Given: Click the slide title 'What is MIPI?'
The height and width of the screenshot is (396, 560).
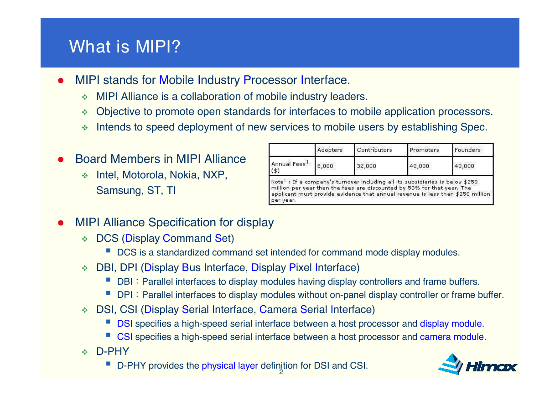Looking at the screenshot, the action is tap(124, 47).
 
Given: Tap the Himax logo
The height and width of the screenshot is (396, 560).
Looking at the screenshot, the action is tap(477, 365).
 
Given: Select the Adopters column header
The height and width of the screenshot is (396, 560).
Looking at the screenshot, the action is tap(330, 150).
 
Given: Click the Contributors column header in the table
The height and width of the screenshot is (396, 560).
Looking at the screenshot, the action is tap(374, 150).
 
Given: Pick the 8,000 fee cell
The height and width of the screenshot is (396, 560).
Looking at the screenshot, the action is tap(325, 166).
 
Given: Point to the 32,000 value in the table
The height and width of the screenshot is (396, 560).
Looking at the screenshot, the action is tap(366, 166).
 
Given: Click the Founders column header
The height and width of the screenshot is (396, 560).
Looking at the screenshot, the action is tap(467, 150).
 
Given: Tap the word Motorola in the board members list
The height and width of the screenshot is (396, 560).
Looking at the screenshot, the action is tap(144, 175).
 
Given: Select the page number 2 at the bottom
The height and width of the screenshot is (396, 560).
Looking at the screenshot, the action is tap(281, 372).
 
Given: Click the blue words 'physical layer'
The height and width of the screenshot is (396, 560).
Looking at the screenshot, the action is tap(230, 365).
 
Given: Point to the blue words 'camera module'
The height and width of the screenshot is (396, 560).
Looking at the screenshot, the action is tap(452, 337).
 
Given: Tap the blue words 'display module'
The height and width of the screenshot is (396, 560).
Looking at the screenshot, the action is tap(451, 323).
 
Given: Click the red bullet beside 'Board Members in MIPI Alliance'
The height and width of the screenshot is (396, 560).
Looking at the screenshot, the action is tap(61, 159).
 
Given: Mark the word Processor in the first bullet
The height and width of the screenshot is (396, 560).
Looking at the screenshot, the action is tap(270, 80).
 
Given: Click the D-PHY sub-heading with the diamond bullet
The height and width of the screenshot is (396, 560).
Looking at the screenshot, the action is tap(113, 351).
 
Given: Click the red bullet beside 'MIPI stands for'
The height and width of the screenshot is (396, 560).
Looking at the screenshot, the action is tap(61, 81).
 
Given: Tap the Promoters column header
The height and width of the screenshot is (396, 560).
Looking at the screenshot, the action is tap(424, 150).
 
